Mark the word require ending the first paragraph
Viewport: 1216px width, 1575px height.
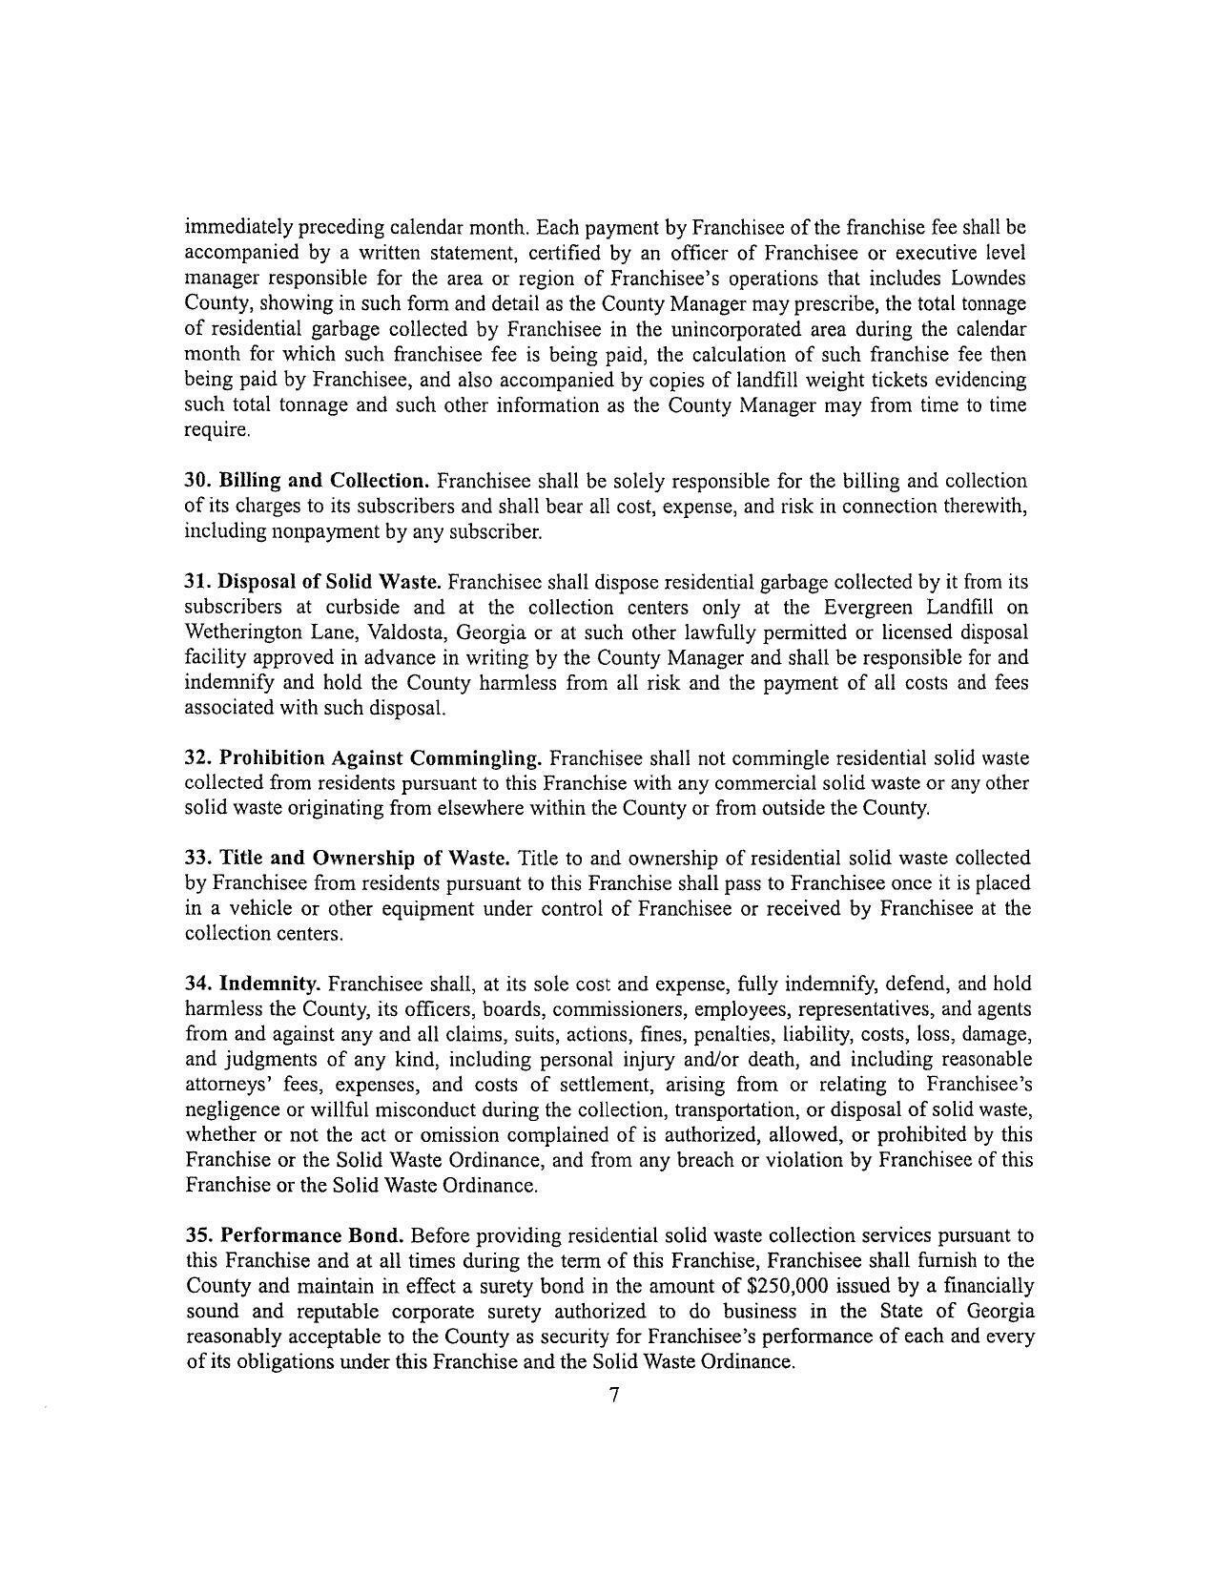216,430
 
